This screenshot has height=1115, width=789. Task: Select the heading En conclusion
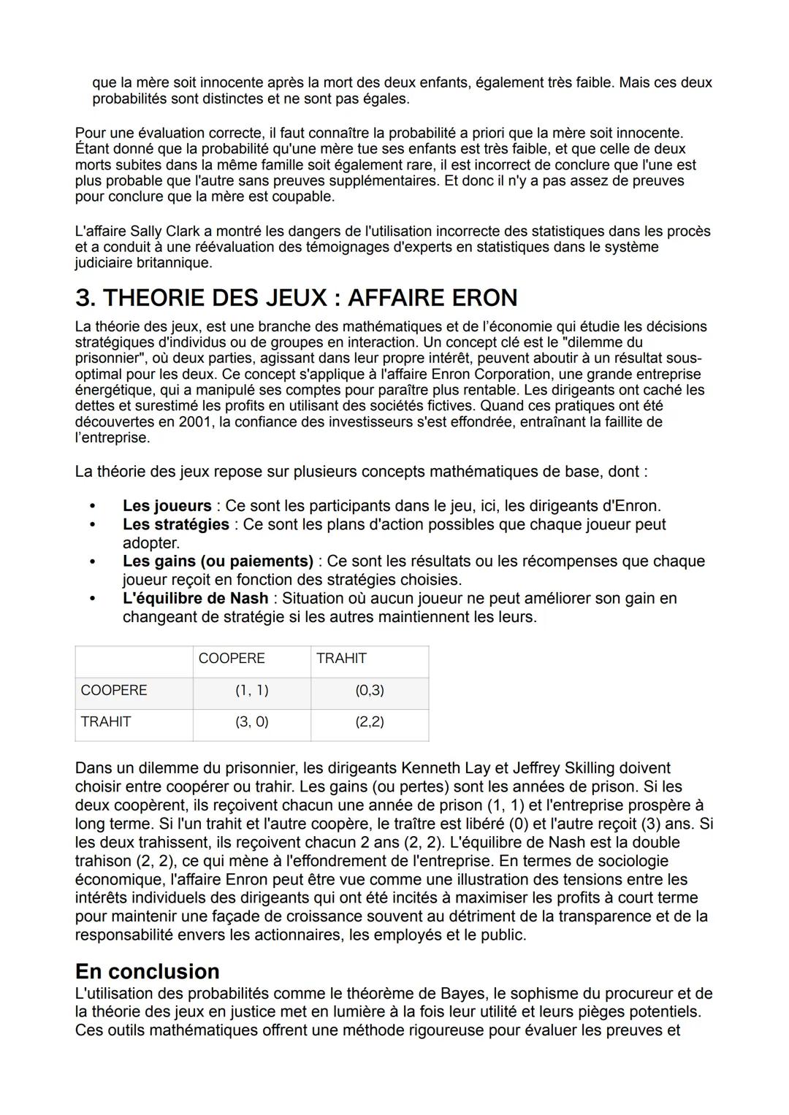click(147, 971)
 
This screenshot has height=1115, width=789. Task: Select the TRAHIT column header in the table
click(341, 659)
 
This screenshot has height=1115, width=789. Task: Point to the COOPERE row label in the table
click(114, 690)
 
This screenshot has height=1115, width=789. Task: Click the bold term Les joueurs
click(167, 506)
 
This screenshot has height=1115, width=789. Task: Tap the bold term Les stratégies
click(175, 524)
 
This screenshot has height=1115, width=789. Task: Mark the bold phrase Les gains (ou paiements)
click(218, 562)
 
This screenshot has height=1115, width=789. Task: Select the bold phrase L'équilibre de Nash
click(195, 599)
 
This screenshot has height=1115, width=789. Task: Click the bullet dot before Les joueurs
click(92, 506)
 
